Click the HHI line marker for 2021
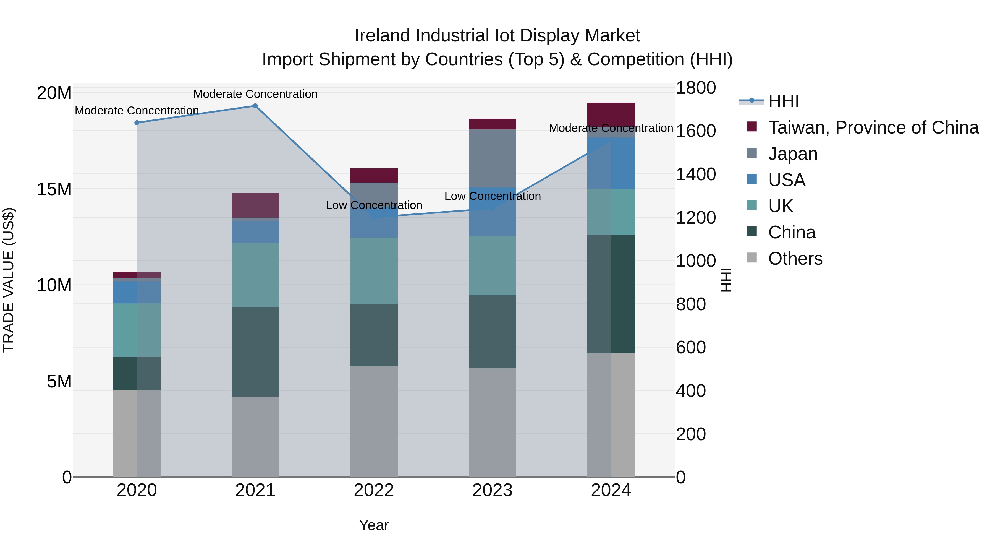(x=255, y=106)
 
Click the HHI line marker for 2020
(x=137, y=123)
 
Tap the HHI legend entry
(x=783, y=101)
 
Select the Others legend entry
(x=795, y=259)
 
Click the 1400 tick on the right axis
(x=695, y=174)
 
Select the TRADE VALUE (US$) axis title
(x=9, y=280)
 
